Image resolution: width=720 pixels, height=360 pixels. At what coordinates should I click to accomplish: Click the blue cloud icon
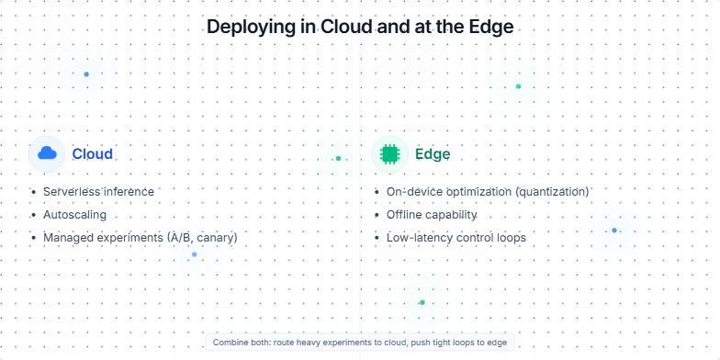tap(47, 153)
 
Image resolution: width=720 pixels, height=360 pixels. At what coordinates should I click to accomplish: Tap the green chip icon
tap(389, 153)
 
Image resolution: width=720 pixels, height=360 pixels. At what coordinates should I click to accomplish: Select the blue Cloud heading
tap(92, 153)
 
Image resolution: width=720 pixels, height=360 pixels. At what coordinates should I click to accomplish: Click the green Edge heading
tap(433, 153)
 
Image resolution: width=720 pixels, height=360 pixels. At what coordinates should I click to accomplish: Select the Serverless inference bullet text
tap(98, 192)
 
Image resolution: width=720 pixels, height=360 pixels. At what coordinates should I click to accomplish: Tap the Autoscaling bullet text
tap(74, 215)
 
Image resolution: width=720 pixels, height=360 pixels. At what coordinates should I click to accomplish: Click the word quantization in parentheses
tap(548, 192)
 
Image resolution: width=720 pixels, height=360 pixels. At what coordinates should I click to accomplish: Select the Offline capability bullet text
tap(432, 215)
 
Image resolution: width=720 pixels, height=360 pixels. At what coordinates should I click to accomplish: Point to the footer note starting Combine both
tap(359, 342)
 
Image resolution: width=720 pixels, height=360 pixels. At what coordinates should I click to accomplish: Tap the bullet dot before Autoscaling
tap(34, 215)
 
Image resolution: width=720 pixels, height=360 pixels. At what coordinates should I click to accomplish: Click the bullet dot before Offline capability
tap(377, 215)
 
